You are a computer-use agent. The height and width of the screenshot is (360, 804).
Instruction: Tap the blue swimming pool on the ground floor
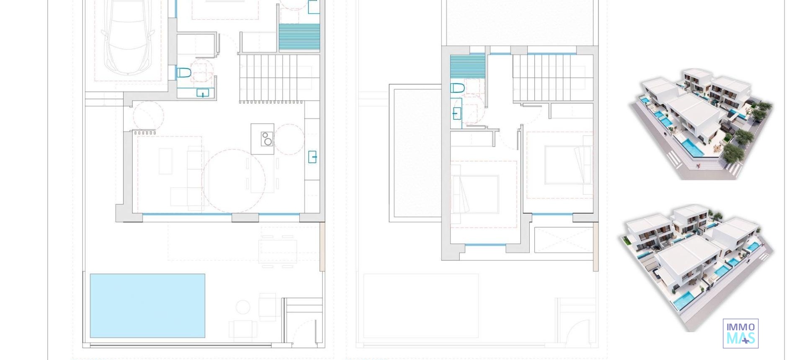click(147, 306)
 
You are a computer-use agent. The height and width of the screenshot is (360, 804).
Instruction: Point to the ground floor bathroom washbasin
click(203, 93)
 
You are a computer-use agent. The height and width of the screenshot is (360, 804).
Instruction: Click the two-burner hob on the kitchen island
click(267, 139)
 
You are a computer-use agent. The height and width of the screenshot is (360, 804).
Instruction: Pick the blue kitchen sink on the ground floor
click(312, 157)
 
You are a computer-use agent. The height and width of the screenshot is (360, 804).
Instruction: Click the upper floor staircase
click(552, 77)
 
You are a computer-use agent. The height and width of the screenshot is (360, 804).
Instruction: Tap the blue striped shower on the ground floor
click(299, 37)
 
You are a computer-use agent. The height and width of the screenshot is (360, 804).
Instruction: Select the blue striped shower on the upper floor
click(467, 67)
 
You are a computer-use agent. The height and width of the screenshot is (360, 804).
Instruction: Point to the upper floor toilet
click(458, 88)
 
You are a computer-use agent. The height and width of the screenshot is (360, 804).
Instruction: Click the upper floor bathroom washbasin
click(457, 113)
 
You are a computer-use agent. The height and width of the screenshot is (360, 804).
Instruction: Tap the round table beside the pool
click(243, 307)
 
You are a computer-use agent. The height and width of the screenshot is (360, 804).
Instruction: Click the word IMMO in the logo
click(740, 327)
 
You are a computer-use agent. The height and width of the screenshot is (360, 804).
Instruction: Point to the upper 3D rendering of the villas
click(702, 123)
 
